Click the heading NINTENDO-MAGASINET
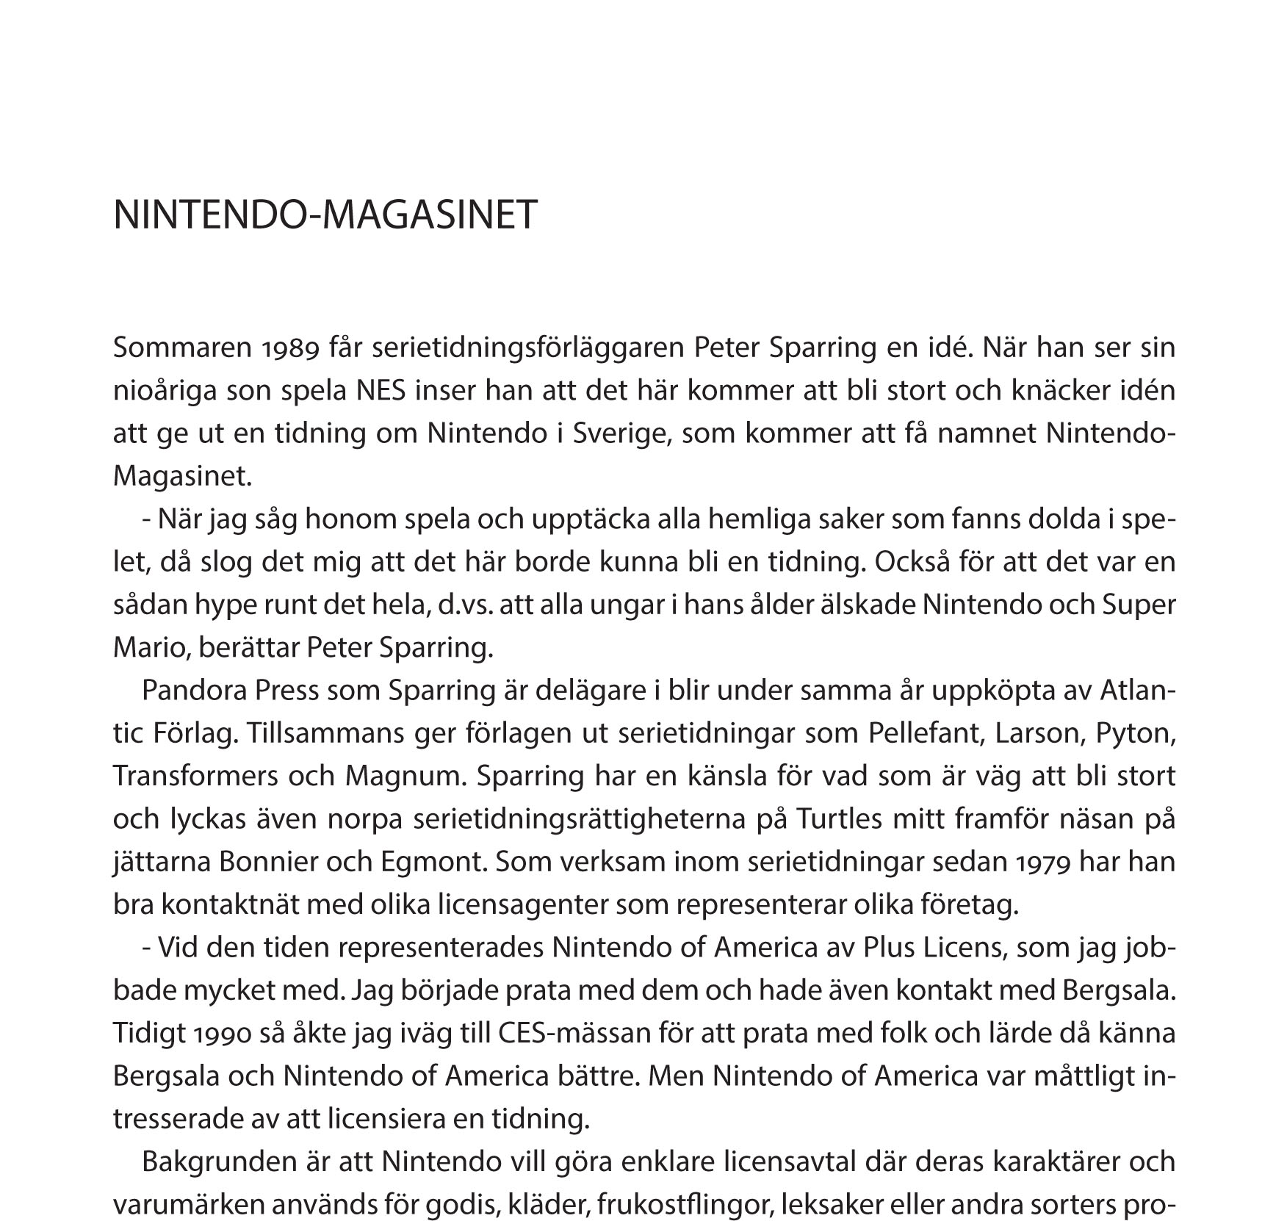click(x=325, y=215)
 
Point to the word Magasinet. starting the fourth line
click(x=182, y=477)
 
